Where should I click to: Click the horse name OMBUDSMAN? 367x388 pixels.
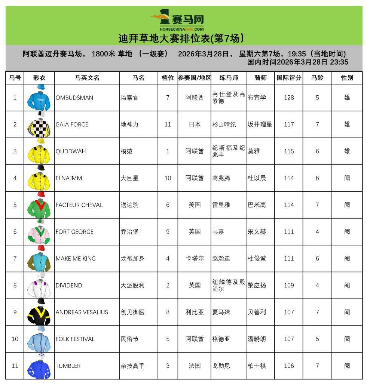click(x=74, y=98)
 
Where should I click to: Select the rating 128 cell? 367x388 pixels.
click(x=289, y=98)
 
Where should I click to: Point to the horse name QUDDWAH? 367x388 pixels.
click(x=70, y=151)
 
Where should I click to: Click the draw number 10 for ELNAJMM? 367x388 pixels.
click(x=168, y=178)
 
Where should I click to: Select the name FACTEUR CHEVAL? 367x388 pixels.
click(x=79, y=205)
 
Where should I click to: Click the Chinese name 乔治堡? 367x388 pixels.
click(x=129, y=232)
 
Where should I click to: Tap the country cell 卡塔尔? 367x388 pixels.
click(x=195, y=259)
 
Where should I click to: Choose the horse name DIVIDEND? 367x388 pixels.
click(x=68, y=286)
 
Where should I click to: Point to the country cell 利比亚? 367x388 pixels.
click(x=195, y=312)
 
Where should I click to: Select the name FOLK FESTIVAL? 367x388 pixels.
click(x=75, y=339)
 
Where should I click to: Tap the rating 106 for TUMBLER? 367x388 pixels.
click(x=289, y=366)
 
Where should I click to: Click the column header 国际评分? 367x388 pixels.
click(x=289, y=78)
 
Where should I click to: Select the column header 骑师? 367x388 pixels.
click(x=260, y=78)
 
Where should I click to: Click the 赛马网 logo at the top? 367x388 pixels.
click(x=178, y=21)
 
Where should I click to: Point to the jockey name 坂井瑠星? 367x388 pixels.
click(x=260, y=124)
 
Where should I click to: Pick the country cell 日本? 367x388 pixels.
click(x=195, y=124)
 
